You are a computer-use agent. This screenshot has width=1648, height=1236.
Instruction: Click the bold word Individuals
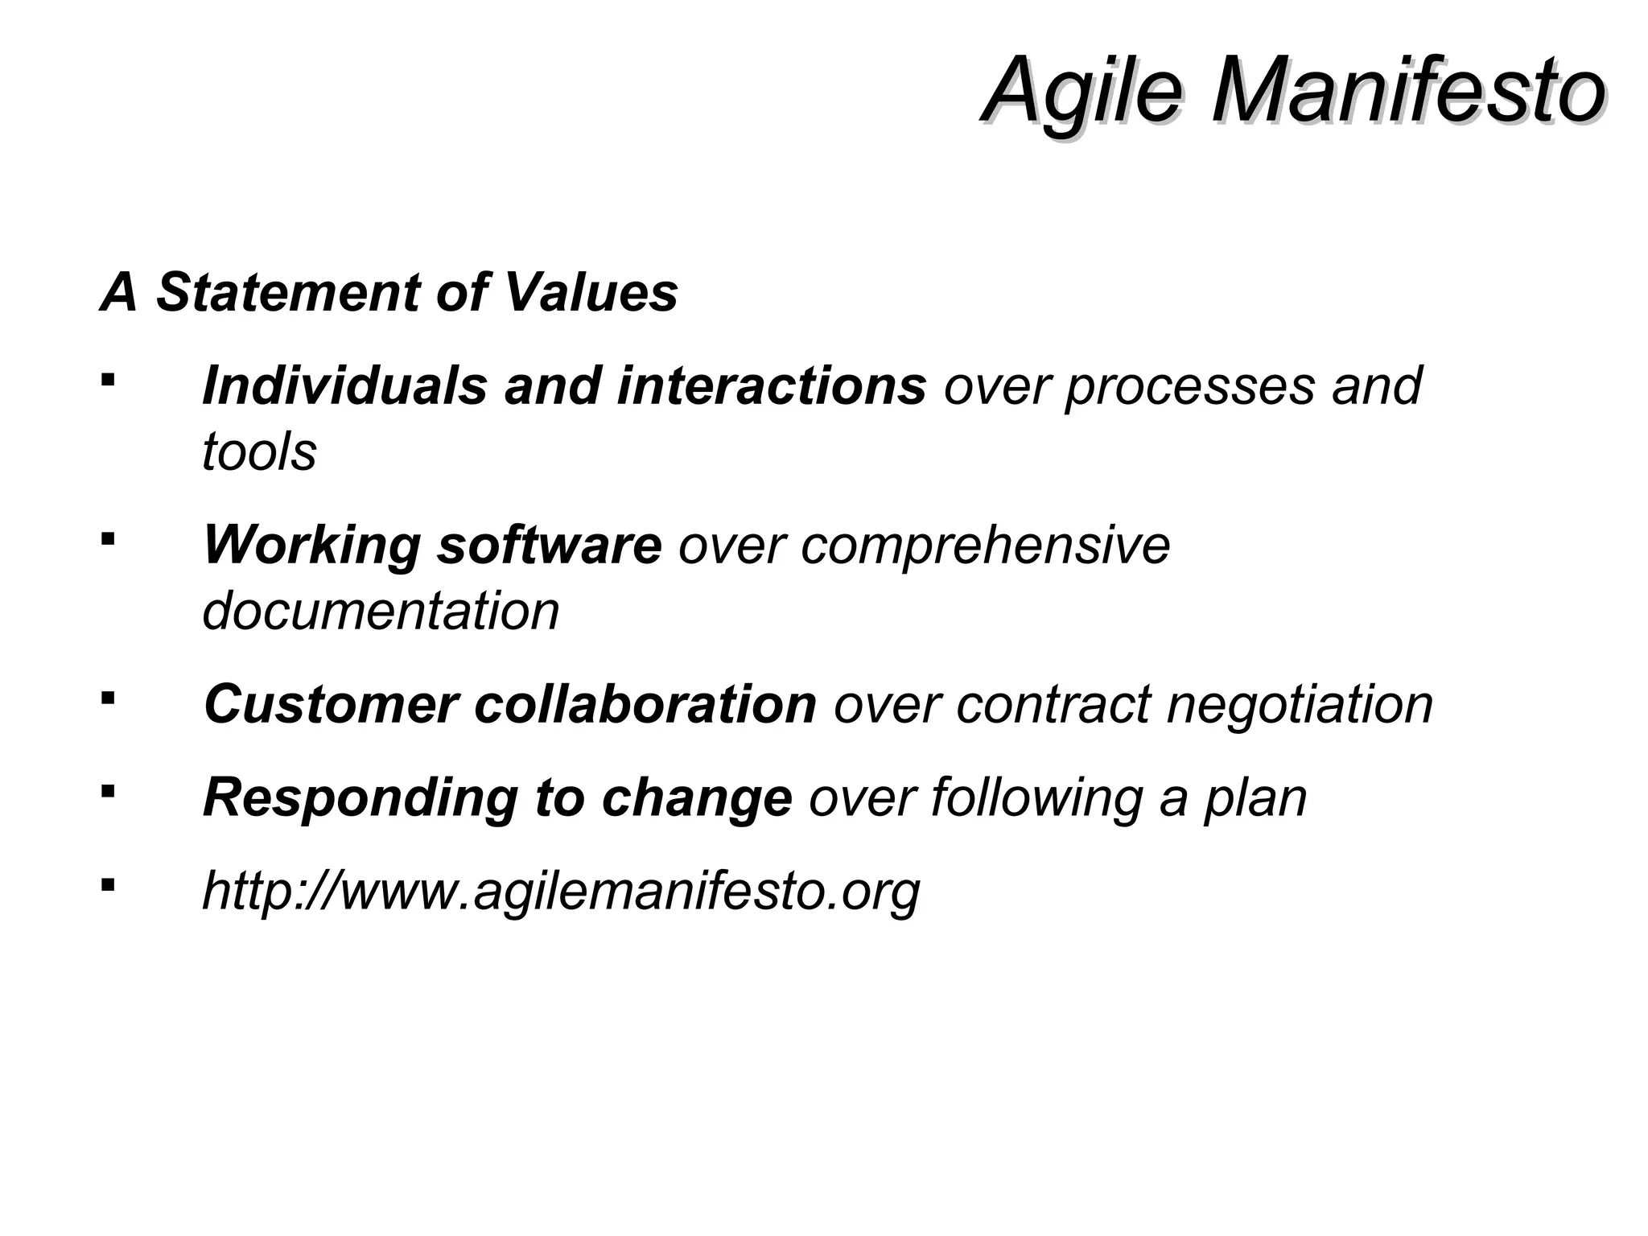345,385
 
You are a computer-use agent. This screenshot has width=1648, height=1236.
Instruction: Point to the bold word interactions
772,385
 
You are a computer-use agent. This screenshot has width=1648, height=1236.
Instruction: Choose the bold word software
549,545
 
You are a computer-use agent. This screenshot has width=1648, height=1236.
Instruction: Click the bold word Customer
331,704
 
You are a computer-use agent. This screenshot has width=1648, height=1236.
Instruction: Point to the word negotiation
1300,706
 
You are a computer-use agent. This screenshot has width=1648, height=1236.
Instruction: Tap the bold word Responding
360,798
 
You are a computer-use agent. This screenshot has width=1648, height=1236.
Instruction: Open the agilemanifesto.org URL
561,892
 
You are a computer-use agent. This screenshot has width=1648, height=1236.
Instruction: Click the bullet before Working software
108,538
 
